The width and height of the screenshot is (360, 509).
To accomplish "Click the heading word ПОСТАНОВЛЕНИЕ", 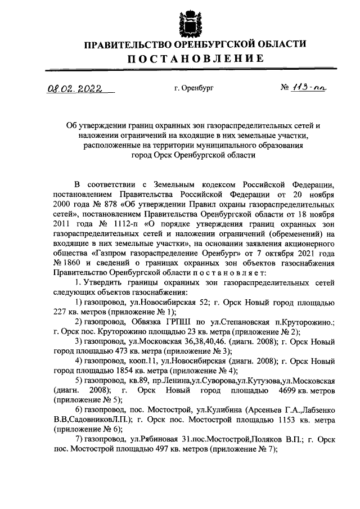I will tap(195, 58).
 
